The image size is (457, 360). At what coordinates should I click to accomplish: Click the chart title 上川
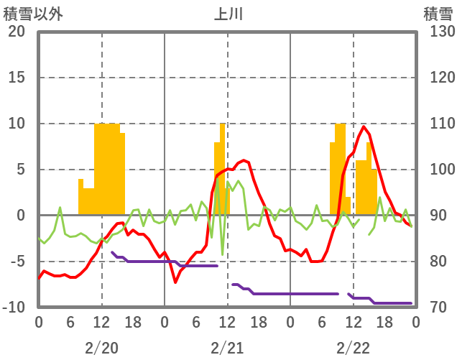point(228,14)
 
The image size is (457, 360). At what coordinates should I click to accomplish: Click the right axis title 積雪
point(438,14)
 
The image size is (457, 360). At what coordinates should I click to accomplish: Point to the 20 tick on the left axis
point(17,32)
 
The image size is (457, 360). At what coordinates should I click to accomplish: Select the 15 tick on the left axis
point(17,78)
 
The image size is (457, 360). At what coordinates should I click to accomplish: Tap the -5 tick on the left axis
point(17,262)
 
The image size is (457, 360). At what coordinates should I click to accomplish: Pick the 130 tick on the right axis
point(438,32)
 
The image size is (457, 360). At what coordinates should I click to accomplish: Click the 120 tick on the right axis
point(438,78)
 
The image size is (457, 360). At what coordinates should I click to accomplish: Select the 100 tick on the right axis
point(438,170)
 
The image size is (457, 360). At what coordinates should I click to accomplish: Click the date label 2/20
point(101,348)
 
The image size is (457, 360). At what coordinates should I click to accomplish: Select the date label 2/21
point(227,348)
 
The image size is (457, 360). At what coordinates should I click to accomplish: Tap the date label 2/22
point(353,348)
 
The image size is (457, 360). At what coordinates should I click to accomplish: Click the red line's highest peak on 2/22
point(364,127)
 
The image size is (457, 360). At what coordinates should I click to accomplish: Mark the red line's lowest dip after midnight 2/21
point(175,282)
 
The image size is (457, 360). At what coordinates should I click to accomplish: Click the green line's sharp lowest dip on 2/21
point(223,254)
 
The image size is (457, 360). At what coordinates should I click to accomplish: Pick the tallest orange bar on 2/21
point(223,169)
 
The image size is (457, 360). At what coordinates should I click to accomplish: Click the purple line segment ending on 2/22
point(388,303)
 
